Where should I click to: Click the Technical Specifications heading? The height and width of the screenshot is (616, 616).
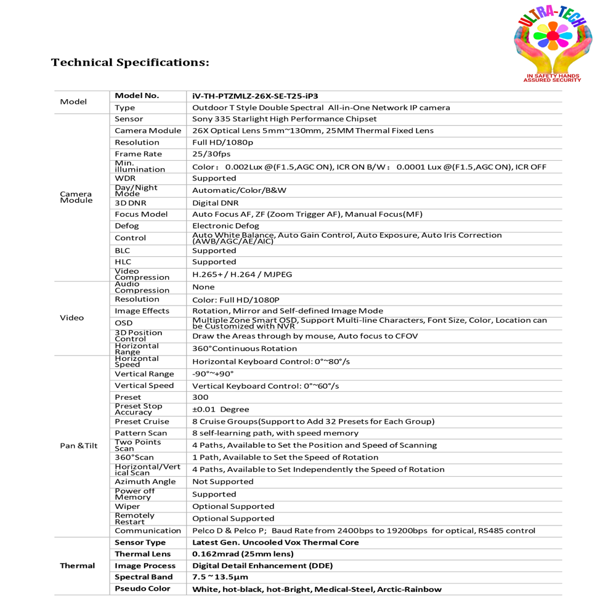coord(130,63)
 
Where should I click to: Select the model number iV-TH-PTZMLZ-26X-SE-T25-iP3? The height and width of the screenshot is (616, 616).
coord(255,96)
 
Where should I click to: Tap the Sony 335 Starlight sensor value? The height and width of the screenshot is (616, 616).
coord(284,119)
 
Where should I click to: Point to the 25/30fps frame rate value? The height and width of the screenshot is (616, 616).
coord(211,154)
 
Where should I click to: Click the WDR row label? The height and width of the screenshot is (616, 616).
coord(125,178)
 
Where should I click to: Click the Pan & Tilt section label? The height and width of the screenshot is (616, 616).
coord(79,445)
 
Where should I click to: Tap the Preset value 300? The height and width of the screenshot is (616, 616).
coord(201,397)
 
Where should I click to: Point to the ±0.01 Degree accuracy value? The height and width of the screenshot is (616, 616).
coord(221,410)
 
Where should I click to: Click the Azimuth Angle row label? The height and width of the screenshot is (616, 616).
coord(145,482)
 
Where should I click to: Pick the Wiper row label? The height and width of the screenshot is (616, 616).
coord(128,506)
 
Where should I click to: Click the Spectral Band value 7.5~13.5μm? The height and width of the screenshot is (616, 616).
coord(220,577)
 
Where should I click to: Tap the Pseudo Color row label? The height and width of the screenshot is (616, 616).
coord(142,589)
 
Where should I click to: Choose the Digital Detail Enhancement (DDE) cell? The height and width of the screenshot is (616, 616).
coord(262,565)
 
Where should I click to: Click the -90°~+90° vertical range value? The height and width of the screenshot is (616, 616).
coord(213,374)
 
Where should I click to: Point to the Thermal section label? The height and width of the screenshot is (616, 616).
coord(78,565)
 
